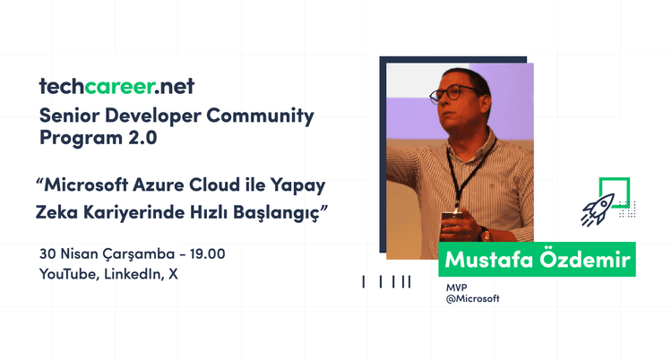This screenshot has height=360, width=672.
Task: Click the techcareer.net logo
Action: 116,87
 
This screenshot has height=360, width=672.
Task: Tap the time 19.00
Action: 205,253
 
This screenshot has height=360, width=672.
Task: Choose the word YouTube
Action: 68,275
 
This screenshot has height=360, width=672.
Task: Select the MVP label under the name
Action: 458,287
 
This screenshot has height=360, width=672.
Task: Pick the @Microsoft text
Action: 472,299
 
